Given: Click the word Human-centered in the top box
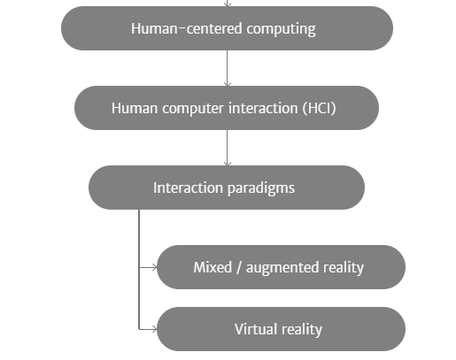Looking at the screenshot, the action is pos(187,28).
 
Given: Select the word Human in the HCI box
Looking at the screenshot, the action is pos(135,108).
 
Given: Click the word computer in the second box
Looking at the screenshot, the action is pos(193,109).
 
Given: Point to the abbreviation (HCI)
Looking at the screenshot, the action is pos(319,108).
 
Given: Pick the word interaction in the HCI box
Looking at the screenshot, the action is pos(263,108).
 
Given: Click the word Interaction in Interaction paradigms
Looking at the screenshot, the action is pos(188,188).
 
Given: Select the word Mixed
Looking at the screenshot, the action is pos(213,267).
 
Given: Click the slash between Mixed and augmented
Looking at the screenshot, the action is pos(239,268).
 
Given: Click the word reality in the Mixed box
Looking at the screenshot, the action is pos(344,268).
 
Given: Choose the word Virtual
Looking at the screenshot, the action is pos(255,329).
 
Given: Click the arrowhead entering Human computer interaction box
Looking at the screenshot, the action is pos(228,84).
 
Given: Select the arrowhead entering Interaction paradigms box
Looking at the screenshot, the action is pos(228,164).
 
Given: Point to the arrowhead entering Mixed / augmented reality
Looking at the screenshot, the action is pos(155,267).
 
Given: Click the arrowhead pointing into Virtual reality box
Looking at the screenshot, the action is pos(155,329).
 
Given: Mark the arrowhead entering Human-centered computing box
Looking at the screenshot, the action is pos(228,4).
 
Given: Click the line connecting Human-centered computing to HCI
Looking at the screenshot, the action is pos(228,68).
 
